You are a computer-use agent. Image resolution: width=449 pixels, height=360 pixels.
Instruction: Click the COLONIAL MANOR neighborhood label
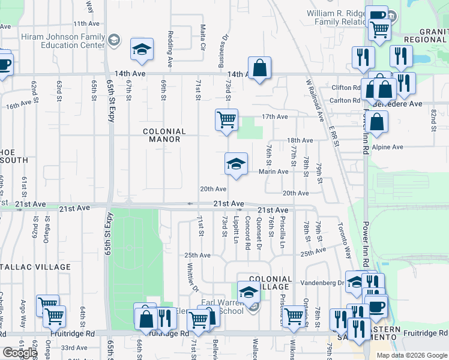(164, 135)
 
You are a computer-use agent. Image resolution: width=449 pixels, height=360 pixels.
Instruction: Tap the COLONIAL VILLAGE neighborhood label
(270, 283)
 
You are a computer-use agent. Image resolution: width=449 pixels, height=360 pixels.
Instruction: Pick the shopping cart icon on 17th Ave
(226, 119)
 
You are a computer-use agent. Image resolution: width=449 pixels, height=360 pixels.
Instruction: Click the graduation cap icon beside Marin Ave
(237, 164)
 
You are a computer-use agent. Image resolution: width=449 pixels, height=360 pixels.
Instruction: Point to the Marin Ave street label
(274, 172)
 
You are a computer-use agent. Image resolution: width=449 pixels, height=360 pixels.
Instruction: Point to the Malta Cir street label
(203, 37)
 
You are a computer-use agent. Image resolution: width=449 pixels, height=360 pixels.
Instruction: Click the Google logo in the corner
(19, 353)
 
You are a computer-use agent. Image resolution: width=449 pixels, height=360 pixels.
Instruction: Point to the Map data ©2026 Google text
(411, 355)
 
